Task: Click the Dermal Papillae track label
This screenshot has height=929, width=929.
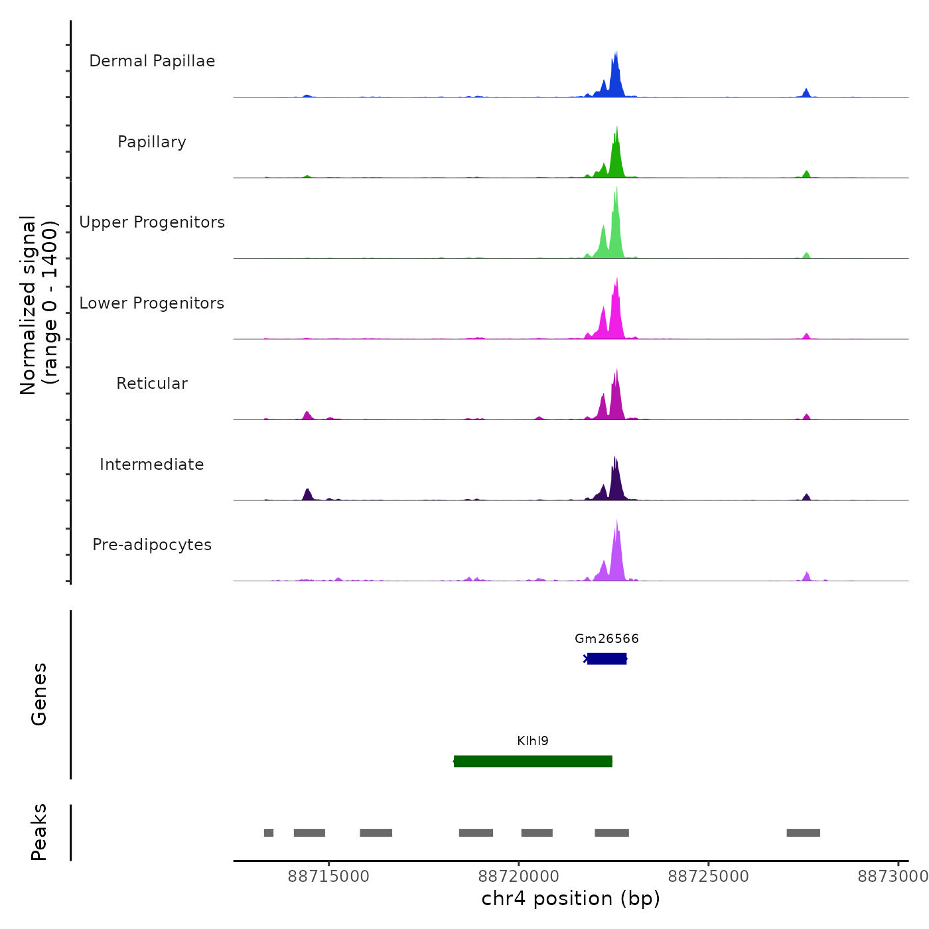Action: (152, 61)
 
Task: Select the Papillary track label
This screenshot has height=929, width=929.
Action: (152, 142)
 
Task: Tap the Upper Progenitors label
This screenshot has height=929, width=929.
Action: (152, 222)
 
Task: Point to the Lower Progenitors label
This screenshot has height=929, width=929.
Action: (152, 303)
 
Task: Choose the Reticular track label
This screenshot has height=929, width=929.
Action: (152, 384)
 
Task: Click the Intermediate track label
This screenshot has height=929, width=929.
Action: (152, 464)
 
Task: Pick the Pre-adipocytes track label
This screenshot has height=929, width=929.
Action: (152, 545)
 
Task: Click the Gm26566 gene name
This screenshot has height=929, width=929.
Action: (607, 639)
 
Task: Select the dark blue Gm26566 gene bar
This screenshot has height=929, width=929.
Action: (607, 659)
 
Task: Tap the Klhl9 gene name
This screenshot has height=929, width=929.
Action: (533, 741)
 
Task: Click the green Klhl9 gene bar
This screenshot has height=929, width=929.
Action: (533, 761)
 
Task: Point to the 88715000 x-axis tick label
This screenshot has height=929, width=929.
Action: (328, 877)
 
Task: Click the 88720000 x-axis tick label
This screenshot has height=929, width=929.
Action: (519, 877)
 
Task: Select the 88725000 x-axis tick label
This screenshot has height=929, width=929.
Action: (709, 877)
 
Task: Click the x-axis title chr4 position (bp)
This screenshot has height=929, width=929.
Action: (571, 898)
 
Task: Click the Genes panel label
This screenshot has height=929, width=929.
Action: (39, 694)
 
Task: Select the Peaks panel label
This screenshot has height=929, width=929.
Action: (39, 832)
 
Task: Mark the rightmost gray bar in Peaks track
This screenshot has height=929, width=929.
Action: (803, 833)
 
